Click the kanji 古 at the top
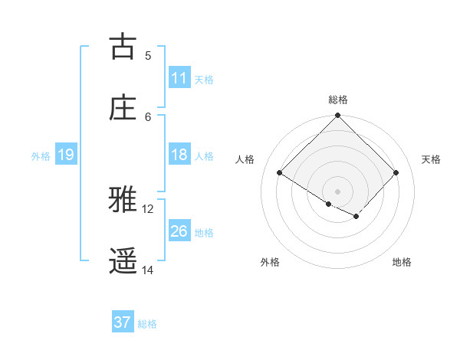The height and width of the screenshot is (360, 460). (x=123, y=47)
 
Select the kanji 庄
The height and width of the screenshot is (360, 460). (x=123, y=107)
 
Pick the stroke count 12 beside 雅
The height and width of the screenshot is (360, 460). (x=148, y=208)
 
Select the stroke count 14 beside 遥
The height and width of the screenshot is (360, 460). (x=148, y=270)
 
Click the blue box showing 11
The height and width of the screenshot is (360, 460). (x=179, y=78)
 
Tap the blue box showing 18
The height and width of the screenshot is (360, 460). (x=179, y=155)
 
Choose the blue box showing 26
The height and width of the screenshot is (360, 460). (x=179, y=231)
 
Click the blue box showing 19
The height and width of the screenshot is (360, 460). (x=66, y=155)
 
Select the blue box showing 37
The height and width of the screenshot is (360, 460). (x=123, y=322)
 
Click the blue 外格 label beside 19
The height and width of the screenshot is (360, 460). (x=41, y=155)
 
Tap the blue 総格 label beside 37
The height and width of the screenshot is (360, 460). (x=147, y=323)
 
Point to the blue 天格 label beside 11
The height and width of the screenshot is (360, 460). (x=204, y=79)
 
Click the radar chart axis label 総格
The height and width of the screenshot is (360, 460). (x=338, y=100)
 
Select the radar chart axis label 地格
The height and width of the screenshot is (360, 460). (x=402, y=262)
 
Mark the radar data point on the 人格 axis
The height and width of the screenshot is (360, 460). (x=280, y=173)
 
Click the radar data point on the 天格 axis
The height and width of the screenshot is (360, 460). (x=396, y=173)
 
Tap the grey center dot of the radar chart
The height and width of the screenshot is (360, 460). (x=338, y=191)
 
